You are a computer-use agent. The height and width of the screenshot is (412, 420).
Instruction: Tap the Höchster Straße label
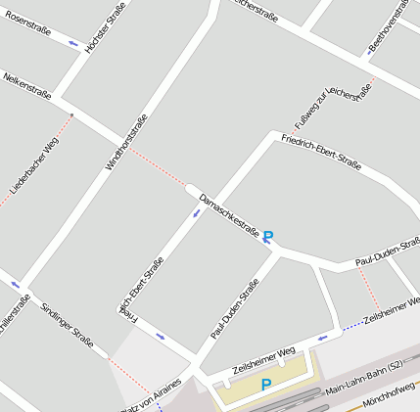click(x=105, y=27)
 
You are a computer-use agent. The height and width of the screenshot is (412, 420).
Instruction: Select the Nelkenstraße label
click(x=26, y=84)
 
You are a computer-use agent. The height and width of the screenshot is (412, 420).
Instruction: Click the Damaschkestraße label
click(x=228, y=215)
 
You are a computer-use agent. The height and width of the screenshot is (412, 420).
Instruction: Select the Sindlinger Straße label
click(x=67, y=325)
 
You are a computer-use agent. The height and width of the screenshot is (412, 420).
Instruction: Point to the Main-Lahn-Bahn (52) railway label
click(x=364, y=379)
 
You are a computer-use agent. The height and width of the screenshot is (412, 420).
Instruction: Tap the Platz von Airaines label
click(x=150, y=395)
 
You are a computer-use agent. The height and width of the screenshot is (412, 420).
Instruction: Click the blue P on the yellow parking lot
click(x=265, y=386)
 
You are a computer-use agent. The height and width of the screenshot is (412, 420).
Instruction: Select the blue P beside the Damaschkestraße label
click(x=268, y=236)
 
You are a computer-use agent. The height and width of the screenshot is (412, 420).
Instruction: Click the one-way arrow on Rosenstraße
click(x=73, y=43)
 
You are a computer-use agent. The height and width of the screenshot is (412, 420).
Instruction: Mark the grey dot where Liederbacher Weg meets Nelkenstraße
click(x=71, y=115)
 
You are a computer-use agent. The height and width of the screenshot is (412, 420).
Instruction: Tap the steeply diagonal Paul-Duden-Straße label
click(x=235, y=309)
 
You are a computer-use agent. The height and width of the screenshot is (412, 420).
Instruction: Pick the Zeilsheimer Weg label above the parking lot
click(x=263, y=362)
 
